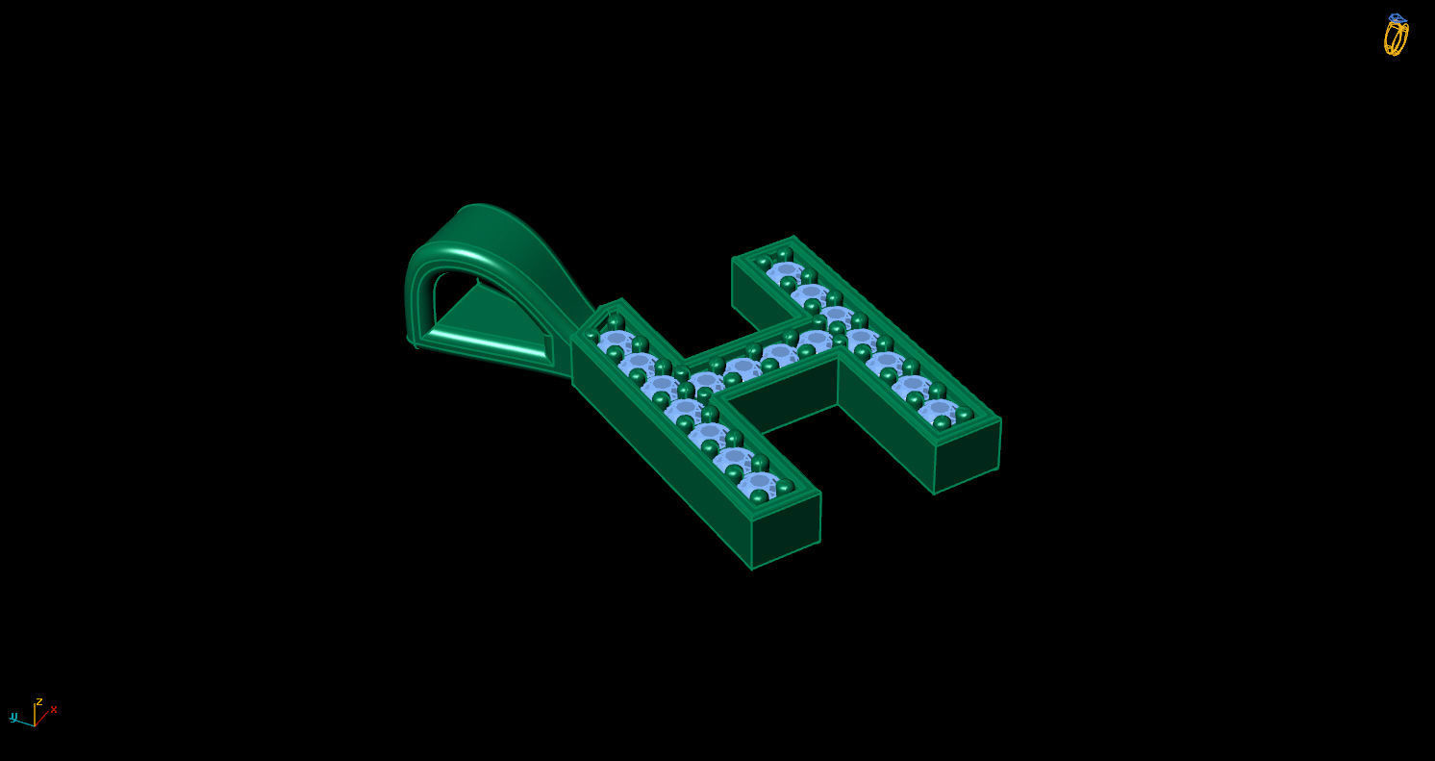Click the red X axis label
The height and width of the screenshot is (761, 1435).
tap(54, 710)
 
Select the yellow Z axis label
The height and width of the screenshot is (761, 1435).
tap(38, 702)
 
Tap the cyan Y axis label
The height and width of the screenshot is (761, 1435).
tap(13, 717)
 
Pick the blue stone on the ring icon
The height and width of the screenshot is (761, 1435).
tap(1397, 18)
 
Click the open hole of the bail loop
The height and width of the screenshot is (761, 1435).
tap(444, 298)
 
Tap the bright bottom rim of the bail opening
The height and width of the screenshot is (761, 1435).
tap(481, 342)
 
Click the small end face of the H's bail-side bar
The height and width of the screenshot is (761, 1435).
tap(786, 531)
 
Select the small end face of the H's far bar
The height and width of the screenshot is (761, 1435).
tap(967, 457)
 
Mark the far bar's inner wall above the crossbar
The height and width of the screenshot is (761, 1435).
tap(765, 293)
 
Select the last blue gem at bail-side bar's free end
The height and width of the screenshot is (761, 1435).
tap(760, 481)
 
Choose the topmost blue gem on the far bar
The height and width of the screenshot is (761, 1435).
tap(785, 271)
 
